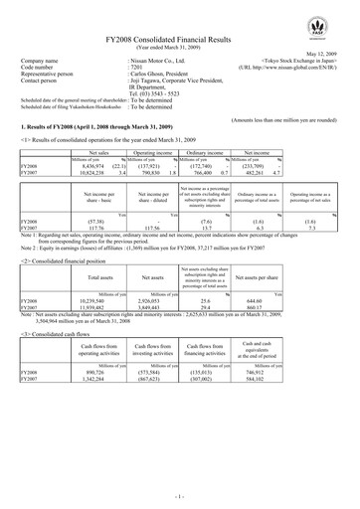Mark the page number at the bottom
(x=179, y=493)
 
